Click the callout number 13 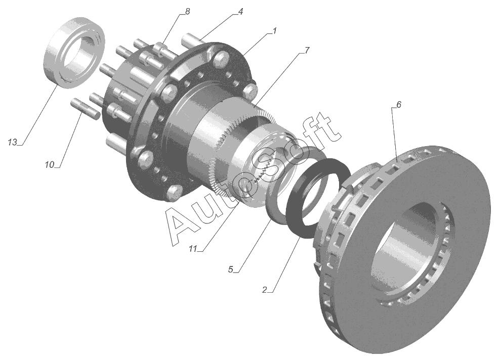pyautogui.click(x=12, y=142)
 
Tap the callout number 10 pyautogui.click(x=50, y=164)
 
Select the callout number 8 pyautogui.click(x=187, y=12)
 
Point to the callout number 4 pyautogui.click(x=240, y=12)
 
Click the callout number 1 pyautogui.click(x=274, y=31)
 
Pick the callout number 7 pyautogui.click(x=307, y=50)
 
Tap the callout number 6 pyautogui.click(x=399, y=105)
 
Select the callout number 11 pyautogui.click(x=192, y=248)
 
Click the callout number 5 pyautogui.click(x=231, y=269)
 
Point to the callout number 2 pyautogui.click(x=265, y=290)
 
